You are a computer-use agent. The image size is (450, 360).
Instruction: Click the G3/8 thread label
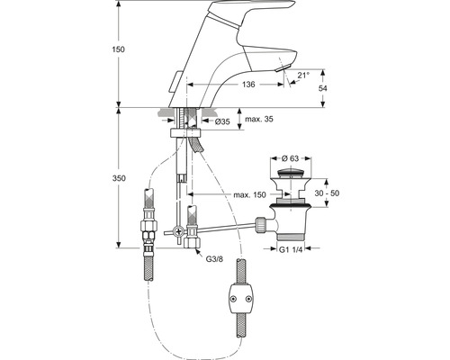213,257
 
